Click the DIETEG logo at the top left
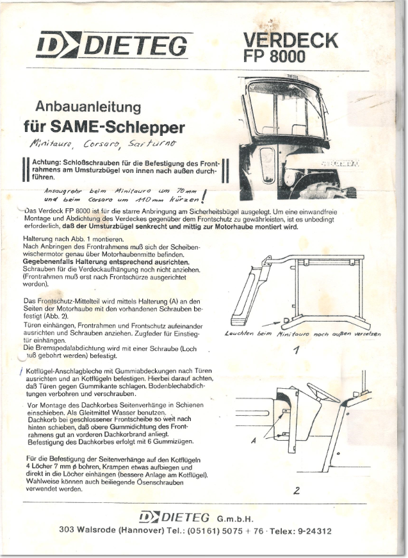tap(112, 45)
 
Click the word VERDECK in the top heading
tap(290, 41)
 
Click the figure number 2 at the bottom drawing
tap(297, 491)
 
